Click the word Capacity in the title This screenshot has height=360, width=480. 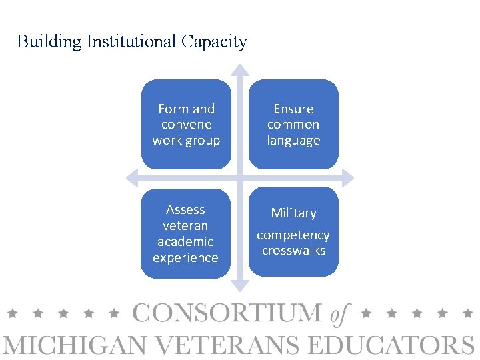coord(214,42)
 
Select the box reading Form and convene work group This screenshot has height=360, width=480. coord(186,125)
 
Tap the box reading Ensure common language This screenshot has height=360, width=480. coord(293,125)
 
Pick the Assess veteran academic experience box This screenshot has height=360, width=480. coord(185,233)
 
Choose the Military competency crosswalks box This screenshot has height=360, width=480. coord(293,231)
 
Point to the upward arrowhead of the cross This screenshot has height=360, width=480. coord(240,69)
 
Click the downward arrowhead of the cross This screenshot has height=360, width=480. coord(240,287)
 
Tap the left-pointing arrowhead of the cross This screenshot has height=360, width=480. coord(131,177)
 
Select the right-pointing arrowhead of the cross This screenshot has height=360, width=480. coord(349,177)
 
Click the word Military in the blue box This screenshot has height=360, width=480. coord(293,213)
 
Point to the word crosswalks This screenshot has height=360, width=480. coord(293,251)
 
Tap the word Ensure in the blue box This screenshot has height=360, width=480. coord(293,109)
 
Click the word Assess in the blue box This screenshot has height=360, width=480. coord(185,209)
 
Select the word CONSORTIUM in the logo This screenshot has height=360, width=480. coord(227,313)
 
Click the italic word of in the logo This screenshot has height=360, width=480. coord(341,313)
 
